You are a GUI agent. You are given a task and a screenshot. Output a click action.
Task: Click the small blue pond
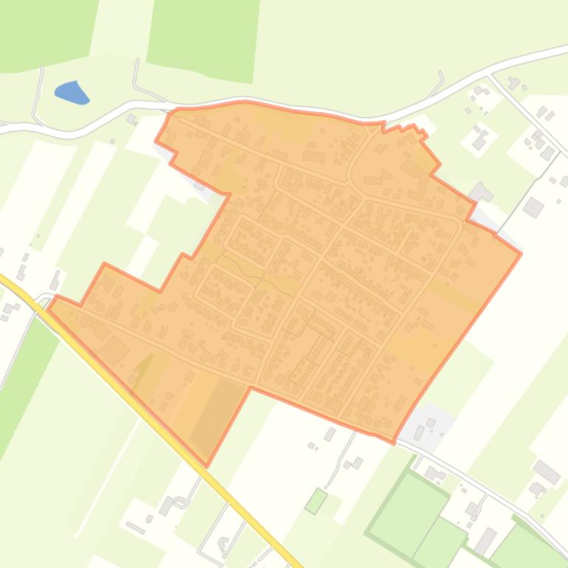pos(72,92)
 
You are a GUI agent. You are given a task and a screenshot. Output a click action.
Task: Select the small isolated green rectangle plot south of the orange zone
pos(316,501)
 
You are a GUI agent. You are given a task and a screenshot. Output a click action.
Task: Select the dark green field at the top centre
pos(204,37)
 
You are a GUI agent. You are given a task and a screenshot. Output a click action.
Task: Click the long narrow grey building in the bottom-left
pos(136,527)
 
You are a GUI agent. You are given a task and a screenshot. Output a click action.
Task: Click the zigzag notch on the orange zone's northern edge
pos(413,131)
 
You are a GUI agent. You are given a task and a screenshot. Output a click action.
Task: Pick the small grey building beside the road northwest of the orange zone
pos(131,118)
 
